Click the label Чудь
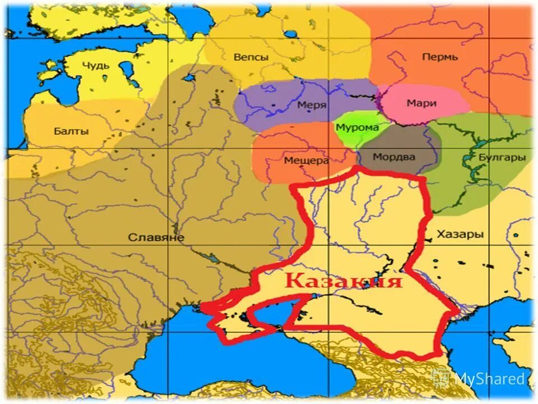tap(96, 66)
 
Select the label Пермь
tap(440, 57)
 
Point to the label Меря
tap(312, 105)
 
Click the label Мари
tap(421, 103)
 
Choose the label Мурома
tap(357, 127)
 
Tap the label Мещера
tap(306, 160)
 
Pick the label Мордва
tap(395, 157)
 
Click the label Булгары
tap(502, 158)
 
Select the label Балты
tap(71, 132)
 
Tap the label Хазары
tap(460, 235)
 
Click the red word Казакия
tap(343, 280)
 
